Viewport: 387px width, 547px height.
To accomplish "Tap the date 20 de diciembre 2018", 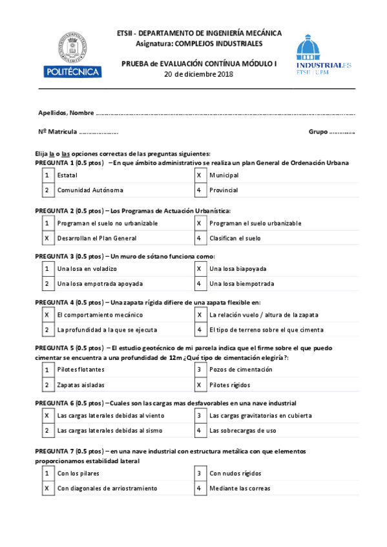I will (198, 74).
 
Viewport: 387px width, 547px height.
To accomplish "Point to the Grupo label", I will (317, 132).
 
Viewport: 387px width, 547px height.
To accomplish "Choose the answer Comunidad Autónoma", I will (90, 190).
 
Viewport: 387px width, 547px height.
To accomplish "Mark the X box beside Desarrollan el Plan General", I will (47, 238).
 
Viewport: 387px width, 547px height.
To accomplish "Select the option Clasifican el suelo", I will (235, 238).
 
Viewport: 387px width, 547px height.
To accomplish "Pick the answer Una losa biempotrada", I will (241, 284).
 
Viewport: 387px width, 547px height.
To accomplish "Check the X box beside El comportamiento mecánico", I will (47, 315).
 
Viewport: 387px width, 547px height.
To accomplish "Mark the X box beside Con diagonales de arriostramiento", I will (47, 488).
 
